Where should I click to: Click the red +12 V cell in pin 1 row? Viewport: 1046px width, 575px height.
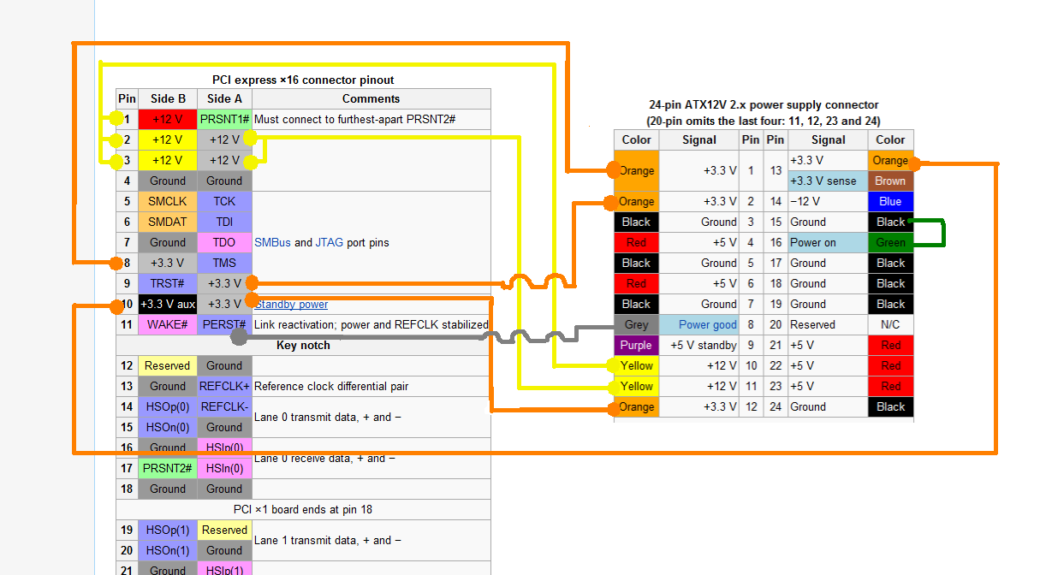(168, 119)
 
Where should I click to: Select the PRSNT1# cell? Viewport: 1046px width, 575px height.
(224, 119)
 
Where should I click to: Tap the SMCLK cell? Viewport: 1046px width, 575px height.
(168, 201)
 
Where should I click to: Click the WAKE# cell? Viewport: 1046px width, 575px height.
(168, 324)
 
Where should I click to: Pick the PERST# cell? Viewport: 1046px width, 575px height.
(224, 324)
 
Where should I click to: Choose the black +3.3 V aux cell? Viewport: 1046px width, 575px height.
(168, 304)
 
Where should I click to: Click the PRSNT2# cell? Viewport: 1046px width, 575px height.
(168, 468)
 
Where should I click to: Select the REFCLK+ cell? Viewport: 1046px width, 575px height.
(224, 386)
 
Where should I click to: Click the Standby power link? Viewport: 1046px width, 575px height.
(291, 304)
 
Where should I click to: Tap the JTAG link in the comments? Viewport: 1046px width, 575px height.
(330, 242)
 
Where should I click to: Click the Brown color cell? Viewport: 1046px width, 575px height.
(890, 181)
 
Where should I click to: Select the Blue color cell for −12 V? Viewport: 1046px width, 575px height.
(890, 201)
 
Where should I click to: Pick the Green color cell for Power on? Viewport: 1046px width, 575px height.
(890, 242)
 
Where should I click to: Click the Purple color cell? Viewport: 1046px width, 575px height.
(636, 345)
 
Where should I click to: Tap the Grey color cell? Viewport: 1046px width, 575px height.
(636, 324)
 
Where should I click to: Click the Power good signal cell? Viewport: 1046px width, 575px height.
(707, 324)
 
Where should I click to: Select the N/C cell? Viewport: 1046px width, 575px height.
(890, 324)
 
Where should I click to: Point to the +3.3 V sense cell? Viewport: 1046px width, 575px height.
(828, 181)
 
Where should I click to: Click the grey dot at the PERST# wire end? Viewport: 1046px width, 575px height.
(240, 337)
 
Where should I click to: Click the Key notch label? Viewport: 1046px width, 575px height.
(303, 345)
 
